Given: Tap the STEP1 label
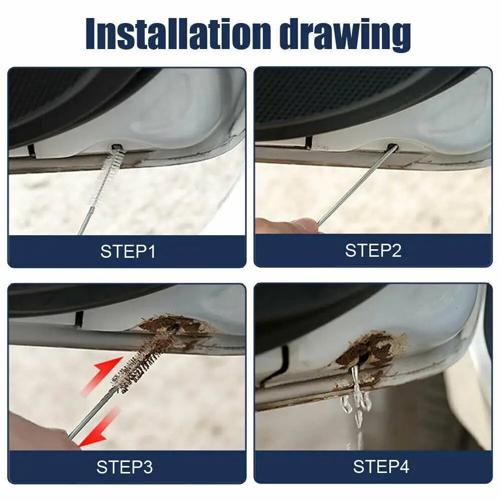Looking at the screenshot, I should click(x=128, y=251).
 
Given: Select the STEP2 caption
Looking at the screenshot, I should click(x=373, y=250).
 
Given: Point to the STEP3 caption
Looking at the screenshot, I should click(x=125, y=467).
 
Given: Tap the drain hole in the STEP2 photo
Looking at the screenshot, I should click(x=391, y=148).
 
